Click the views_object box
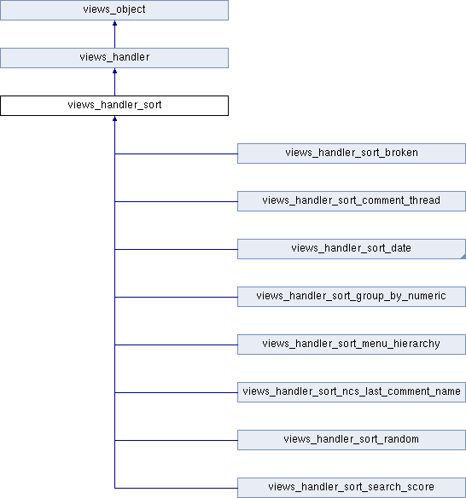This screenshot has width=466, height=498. pyautogui.click(x=114, y=10)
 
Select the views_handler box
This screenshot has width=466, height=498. pyautogui.click(x=114, y=58)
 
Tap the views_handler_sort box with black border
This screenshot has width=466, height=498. pyautogui.click(x=114, y=106)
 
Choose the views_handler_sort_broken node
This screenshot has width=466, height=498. pyautogui.click(x=352, y=153)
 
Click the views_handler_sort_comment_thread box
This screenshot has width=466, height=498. pyautogui.click(x=352, y=201)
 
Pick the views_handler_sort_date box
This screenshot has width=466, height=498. pyautogui.click(x=352, y=249)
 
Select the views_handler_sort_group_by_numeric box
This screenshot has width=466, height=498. pyautogui.click(x=352, y=297)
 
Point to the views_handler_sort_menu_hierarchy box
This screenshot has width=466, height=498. pyautogui.click(x=352, y=345)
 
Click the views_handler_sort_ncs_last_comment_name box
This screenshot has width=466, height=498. pyautogui.click(x=352, y=392)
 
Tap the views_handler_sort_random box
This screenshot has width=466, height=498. pyautogui.click(x=352, y=440)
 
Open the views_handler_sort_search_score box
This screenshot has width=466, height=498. pyautogui.click(x=352, y=488)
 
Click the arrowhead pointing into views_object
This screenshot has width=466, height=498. pyautogui.click(x=114, y=23)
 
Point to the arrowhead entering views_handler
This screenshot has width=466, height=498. pyautogui.click(x=114, y=71)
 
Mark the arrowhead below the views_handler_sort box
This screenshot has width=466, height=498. pyautogui.click(x=114, y=119)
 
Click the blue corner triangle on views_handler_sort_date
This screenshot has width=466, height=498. pyautogui.click(x=463, y=257)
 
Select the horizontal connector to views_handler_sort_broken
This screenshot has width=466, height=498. pyautogui.click(x=176, y=154)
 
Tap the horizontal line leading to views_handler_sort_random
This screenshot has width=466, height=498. pyautogui.click(x=176, y=441)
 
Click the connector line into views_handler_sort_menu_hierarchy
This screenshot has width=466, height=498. pyautogui.click(x=176, y=345)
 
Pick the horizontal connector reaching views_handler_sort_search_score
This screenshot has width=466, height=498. pyautogui.click(x=176, y=488)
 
